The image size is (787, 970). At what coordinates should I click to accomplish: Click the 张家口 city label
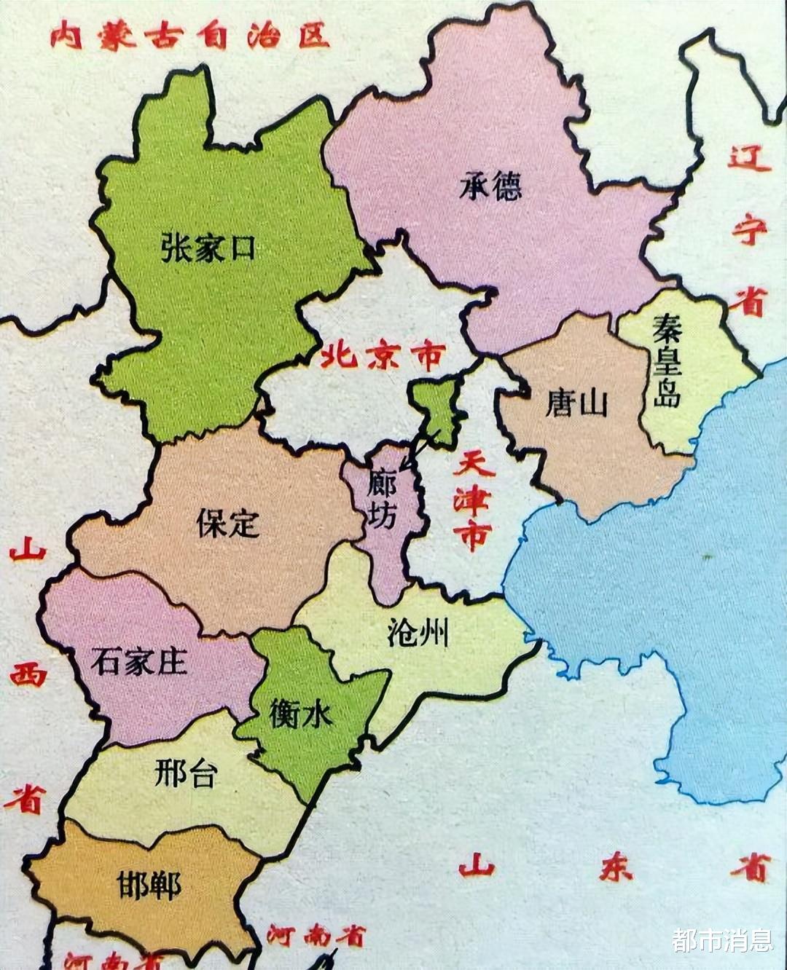[208, 248]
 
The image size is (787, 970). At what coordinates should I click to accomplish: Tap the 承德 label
[490, 186]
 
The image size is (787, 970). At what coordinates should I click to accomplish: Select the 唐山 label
[576, 403]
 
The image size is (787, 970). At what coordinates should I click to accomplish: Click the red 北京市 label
[383, 357]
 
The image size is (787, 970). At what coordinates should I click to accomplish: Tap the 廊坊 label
[382, 498]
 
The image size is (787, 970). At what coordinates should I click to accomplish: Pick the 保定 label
[228, 523]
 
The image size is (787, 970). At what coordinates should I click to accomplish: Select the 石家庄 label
[139, 661]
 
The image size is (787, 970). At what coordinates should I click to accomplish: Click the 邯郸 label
[149, 885]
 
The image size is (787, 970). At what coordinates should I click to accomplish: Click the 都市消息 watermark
[722, 940]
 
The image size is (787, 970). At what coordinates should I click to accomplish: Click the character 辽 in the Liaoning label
[749, 157]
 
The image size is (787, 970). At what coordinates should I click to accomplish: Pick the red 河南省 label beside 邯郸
[315, 936]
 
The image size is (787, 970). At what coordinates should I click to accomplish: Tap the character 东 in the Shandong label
[616, 868]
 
